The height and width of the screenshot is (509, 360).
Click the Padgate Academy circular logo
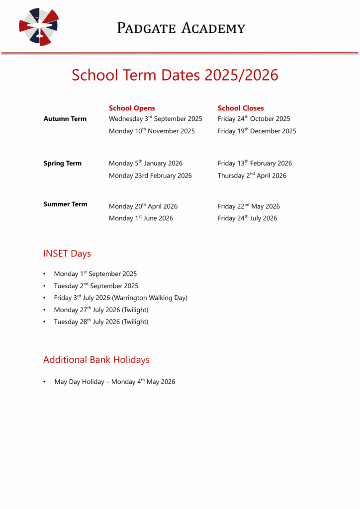click(39, 27)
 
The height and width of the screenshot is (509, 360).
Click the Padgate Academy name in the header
click(181, 28)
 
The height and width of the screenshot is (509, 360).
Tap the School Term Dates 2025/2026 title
click(175, 75)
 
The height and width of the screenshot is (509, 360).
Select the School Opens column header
click(132, 108)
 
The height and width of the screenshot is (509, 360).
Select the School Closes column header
click(241, 108)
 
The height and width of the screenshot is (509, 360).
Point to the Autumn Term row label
click(65, 119)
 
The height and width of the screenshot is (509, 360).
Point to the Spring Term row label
click(62, 164)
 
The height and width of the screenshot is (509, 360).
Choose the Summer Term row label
click(65, 204)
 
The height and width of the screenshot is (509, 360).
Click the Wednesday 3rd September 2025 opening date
click(155, 119)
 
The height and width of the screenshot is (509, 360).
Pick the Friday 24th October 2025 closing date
click(254, 119)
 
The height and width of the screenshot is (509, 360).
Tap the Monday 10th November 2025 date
click(152, 131)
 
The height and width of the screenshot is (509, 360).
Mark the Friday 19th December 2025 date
click(257, 131)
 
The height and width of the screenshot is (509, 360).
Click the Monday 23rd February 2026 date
click(150, 175)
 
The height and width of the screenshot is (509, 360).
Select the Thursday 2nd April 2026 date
click(252, 175)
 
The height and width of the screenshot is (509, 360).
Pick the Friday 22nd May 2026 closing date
click(249, 206)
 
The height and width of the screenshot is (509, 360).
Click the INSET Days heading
click(67, 254)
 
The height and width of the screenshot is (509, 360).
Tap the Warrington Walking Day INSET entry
click(121, 298)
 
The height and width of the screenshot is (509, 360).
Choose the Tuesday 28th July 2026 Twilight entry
click(101, 322)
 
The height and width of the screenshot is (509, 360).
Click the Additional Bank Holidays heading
click(96, 359)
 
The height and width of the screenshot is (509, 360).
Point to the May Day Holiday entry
click(115, 382)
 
